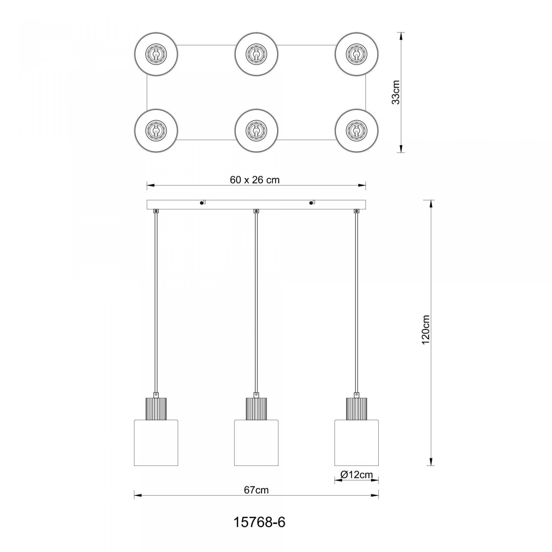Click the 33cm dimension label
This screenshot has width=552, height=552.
[x=396, y=92]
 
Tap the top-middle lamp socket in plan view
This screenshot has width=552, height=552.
[x=256, y=54]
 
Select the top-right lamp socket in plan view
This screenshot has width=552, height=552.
[x=356, y=54]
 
